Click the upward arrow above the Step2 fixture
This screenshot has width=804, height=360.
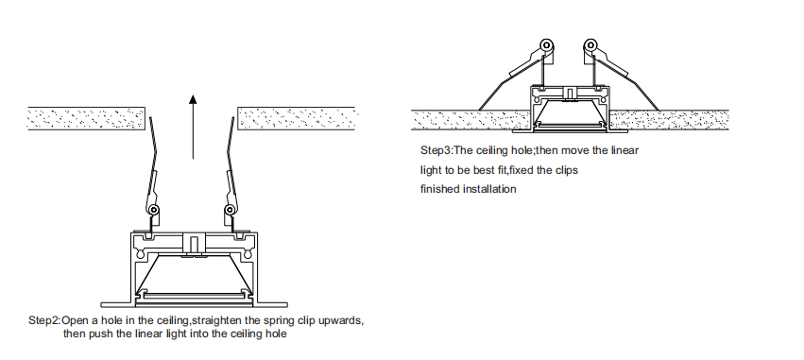pyautogui.click(x=193, y=127)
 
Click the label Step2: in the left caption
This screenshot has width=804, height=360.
pyautogui.click(x=44, y=320)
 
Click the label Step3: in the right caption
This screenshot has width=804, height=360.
pyautogui.click(x=436, y=150)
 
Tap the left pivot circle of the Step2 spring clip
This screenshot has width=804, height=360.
pyautogui.click(x=153, y=210)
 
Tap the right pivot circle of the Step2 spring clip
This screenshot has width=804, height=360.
pyautogui.click(x=231, y=210)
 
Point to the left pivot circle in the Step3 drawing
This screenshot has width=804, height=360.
pyautogui.click(x=548, y=45)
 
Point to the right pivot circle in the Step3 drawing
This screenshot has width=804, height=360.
pyautogui.click(x=590, y=45)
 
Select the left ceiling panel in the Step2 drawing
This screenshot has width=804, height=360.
pyautogui.click(x=86, y=118)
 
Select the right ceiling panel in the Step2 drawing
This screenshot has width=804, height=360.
pyautogui.click(x=297, y=118)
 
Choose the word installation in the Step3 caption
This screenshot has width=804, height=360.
pyautogui.click(x=489, y=189)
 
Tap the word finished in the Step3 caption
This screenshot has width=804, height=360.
pyautogui.click(x=440, y=189)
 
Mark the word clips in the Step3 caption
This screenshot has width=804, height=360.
pyautogui.click(x=565, y=170)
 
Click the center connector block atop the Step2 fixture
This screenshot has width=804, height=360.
pyautogui.click(x=194, y=243)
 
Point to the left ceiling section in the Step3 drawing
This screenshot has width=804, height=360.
pyautogui.click(x=470, y=120)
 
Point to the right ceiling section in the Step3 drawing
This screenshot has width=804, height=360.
pyautogui.click(x=669, y=120)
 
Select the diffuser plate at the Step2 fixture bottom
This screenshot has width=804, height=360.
pyautogui.click(x=193, y=296)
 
